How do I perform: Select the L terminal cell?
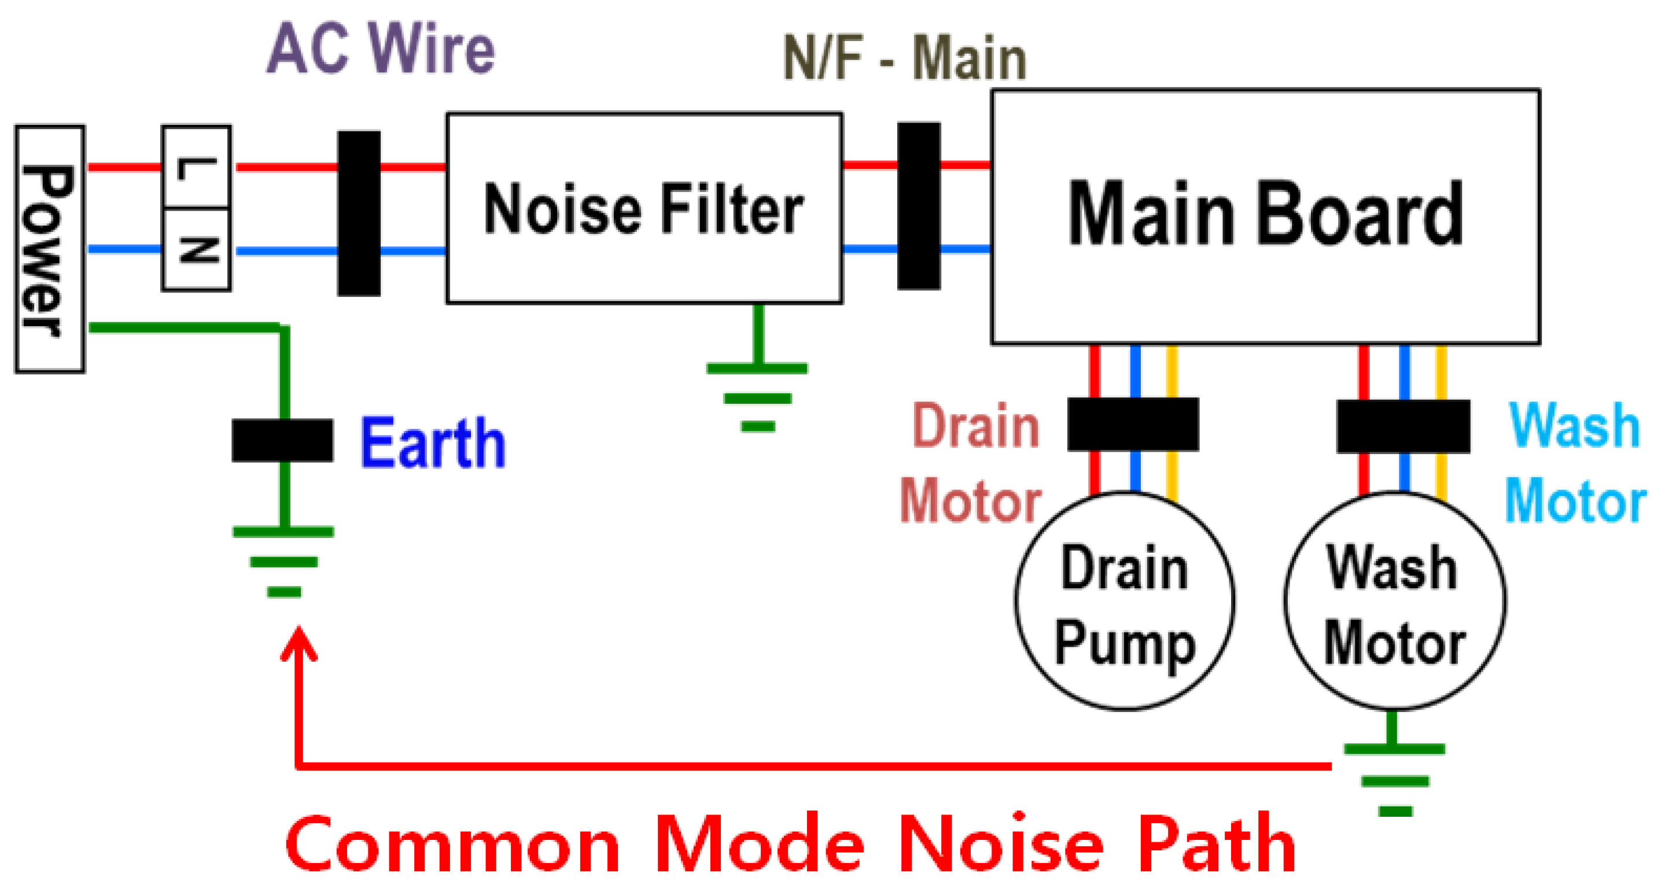point(196,167)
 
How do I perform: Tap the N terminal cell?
point(196,249)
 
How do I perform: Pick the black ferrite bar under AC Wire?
point(359,213)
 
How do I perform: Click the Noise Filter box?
point(644,208)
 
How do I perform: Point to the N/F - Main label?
point(904,58)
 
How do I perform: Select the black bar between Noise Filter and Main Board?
point(919,206)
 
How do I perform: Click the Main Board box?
point(1265,216)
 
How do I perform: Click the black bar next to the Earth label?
point(282,440)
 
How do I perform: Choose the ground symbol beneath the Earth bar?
point(283,561)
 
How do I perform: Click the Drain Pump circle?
point(1125,601)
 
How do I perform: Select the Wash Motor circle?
point(1394,601)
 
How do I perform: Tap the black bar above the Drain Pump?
point(1133,424)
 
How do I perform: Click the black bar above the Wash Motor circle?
point(1403,426)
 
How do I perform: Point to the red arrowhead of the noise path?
point(299,644)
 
